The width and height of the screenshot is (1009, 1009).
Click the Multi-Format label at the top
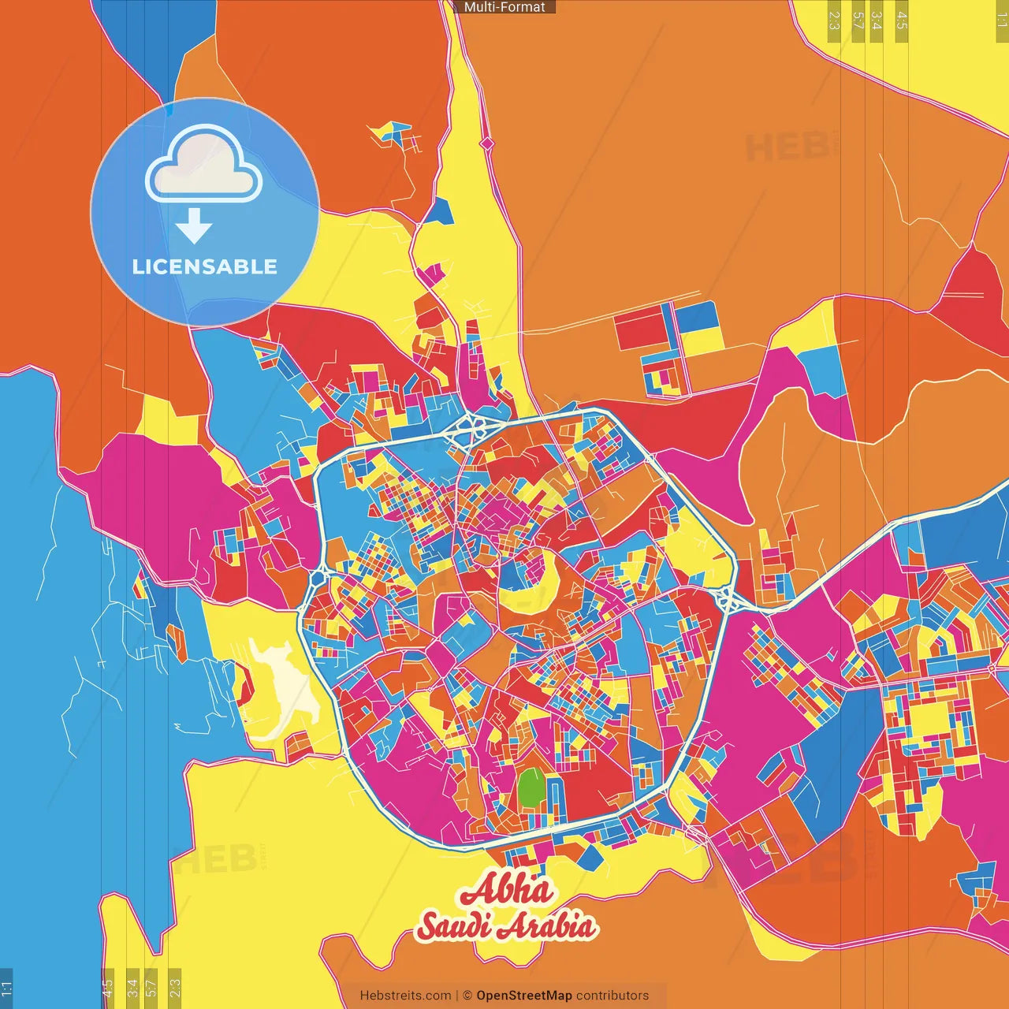click(x=504, y=7)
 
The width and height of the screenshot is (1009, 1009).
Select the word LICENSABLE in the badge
click(x=204, y=266)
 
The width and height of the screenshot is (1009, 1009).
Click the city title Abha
click(x=507, y=891)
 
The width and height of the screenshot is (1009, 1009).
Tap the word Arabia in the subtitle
click(x=548, y=926)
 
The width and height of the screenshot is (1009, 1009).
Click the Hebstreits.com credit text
click(x=405, y=996)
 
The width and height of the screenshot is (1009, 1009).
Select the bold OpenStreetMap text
click(x=524, y=996)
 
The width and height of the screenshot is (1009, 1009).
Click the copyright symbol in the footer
click(x=467, y=996)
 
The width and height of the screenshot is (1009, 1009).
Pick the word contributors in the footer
click(x=612, y=996)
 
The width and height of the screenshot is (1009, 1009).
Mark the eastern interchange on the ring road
click(x=728, y=601)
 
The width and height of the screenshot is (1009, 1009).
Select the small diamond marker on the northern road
click(x=487, y=143)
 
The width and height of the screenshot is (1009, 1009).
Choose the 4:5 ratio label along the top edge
click(x=902, y=20)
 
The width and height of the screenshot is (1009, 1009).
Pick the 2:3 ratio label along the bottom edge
click(x=175, y=985)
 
